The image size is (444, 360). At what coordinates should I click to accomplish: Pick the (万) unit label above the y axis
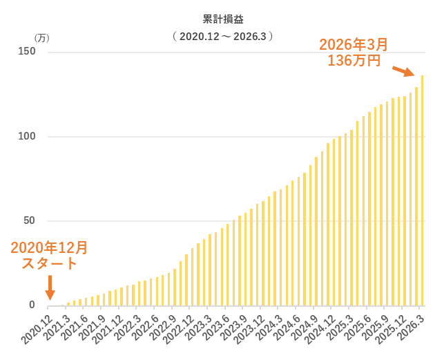pyautogui.click(x=42, y=39)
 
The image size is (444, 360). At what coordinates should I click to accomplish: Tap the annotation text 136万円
pyautogui.click(x=354, y=60)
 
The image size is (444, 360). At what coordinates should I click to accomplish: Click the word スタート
pyautogui.click(x=50, y=263)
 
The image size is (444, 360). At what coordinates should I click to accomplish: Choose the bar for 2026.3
pyautogui.click(x=422, y=190)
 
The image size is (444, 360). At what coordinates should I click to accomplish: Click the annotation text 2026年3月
pyautogui.click(x=354, y=45)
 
